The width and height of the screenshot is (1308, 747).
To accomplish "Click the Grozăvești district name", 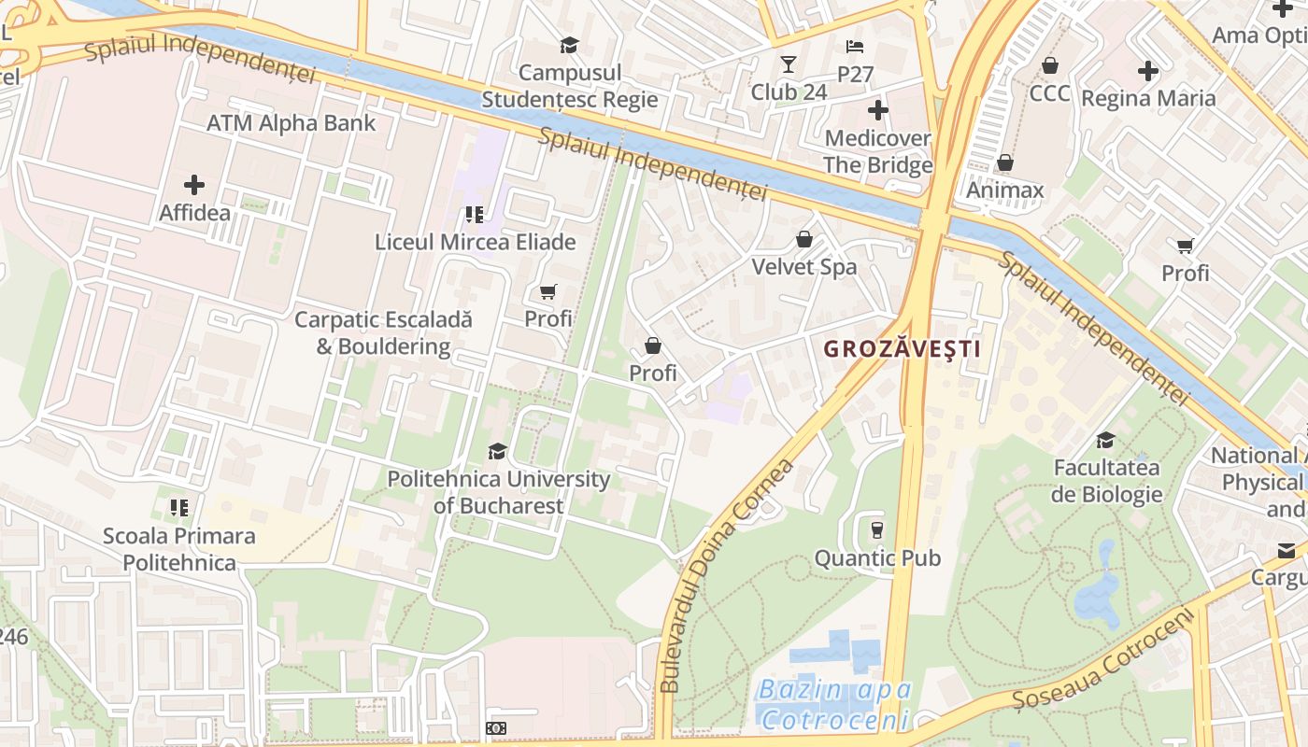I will [x=902, y=349].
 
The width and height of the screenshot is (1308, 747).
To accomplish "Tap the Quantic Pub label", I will [x=877, y=558].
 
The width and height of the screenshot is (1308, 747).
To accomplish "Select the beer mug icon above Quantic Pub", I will [x=876, y=529].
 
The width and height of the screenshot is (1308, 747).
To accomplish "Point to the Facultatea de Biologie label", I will [x=1107, y=481].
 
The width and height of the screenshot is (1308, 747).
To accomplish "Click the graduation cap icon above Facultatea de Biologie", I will [x=1106, y=440].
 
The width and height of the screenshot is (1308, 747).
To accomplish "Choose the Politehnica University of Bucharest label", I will [x=499, y=492].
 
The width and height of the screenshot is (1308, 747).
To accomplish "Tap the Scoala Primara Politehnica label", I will [x=179, y=549].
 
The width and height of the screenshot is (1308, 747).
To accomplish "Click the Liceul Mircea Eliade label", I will [x=475, y=242].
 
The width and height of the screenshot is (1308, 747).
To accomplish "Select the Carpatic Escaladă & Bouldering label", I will [x=383, y=332].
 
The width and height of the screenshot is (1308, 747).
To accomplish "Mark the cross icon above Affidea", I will [x=194, y=184].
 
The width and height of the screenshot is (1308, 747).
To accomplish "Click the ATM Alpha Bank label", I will [x=291, y=122].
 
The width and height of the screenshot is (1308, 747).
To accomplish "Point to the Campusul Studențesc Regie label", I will [x=570, y=86].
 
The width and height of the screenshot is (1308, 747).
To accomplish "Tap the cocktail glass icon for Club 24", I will [x=789, y=63].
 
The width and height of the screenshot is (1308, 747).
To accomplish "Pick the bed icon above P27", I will [x=855, y=46].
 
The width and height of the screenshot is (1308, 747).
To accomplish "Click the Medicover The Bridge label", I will [x=878, y=151].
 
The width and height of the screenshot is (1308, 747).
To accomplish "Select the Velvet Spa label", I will [x=804, y=267].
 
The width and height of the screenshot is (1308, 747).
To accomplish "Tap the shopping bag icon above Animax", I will [x=1005, y=162].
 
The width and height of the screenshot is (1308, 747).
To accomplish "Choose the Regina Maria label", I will [x=1148, y=98].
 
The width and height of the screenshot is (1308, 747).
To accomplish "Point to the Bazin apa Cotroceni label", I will [x=834, y=705].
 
